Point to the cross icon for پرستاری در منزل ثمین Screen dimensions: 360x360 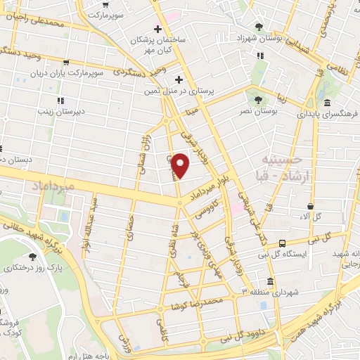tap(179, 79)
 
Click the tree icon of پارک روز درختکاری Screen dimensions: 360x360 tap(32, 257)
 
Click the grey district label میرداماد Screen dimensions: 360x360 tap(53, 185)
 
